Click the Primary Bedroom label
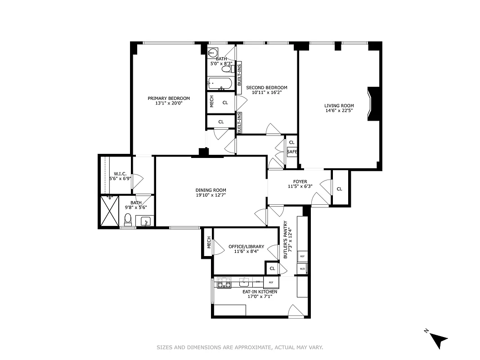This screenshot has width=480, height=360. pyautogui.click(x=169, y=98)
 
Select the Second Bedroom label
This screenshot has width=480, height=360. pyautogui.click(x=266, y=88)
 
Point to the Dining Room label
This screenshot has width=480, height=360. pyautogui.click(x=211, y=190)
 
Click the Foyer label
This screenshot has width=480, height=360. pyautogui.click(x=300, y=182)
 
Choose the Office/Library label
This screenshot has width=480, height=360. pyautogui.click(x=246, y=247)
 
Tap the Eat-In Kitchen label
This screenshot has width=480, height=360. pyautogui.click(x=260, y=292)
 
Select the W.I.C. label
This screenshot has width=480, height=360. pyautogui.click(x=119, y=174)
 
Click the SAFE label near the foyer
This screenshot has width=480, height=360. pyautogui.click(x=292, y=152)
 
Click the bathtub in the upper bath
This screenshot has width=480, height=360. pyautogui.click(x=220, y=84)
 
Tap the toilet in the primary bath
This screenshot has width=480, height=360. pyautogui.click(x=128, y=220)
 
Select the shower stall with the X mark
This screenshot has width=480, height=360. pyautogui.click(x=109, y=211)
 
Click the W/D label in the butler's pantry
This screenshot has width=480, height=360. pyautogui.click(x=302, y=269)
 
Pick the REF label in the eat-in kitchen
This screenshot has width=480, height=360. pyautogui.click(x=271, y=283)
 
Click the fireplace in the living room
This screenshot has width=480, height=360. pyautogui.click(x=374, y=104)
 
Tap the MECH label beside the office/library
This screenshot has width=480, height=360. pyautogui.click(x=209, y=243)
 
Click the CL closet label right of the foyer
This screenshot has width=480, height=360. pyautogui.click(x=339, y=189)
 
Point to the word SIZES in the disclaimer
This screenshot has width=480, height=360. pyautogui.click(x=165, y=347)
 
